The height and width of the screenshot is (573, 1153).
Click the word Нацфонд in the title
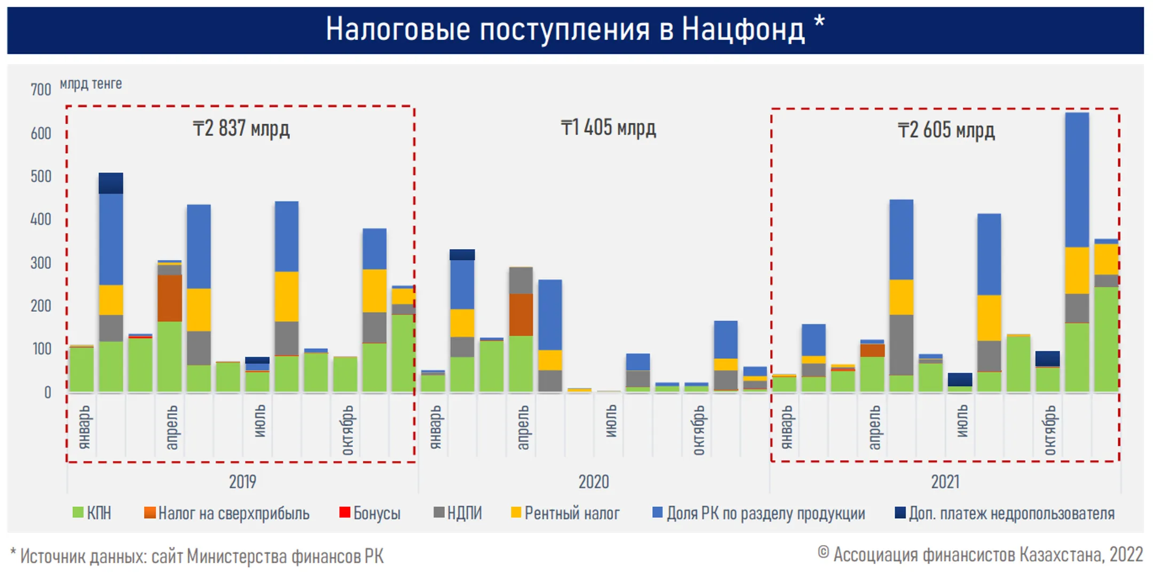(x=743, y=29)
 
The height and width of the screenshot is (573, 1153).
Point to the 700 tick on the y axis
(x=41, y=90)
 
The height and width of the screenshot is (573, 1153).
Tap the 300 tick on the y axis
(x=41, y=263)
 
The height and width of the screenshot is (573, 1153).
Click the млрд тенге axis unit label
(x=91, y=84)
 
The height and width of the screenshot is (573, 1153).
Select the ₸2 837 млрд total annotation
(x=241, y=129)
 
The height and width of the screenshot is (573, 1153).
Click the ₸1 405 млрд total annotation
(x=608, y=128)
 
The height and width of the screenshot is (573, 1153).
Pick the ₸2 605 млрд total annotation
(x=946, y=130)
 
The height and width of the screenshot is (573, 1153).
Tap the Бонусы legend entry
(x=370, y=513)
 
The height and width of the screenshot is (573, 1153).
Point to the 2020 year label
(x=594, y=482)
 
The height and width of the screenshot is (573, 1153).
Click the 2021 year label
(x=945, y=482)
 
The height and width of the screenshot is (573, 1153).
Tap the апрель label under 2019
(x=171, y=427)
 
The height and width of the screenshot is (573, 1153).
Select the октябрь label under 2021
(x=1049, y=429)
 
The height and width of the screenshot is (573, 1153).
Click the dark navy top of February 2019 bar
(x=111, y=183)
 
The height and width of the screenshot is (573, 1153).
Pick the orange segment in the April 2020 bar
(x=520, y=314)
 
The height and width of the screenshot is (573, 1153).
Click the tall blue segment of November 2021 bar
(x=1077, y=179)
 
